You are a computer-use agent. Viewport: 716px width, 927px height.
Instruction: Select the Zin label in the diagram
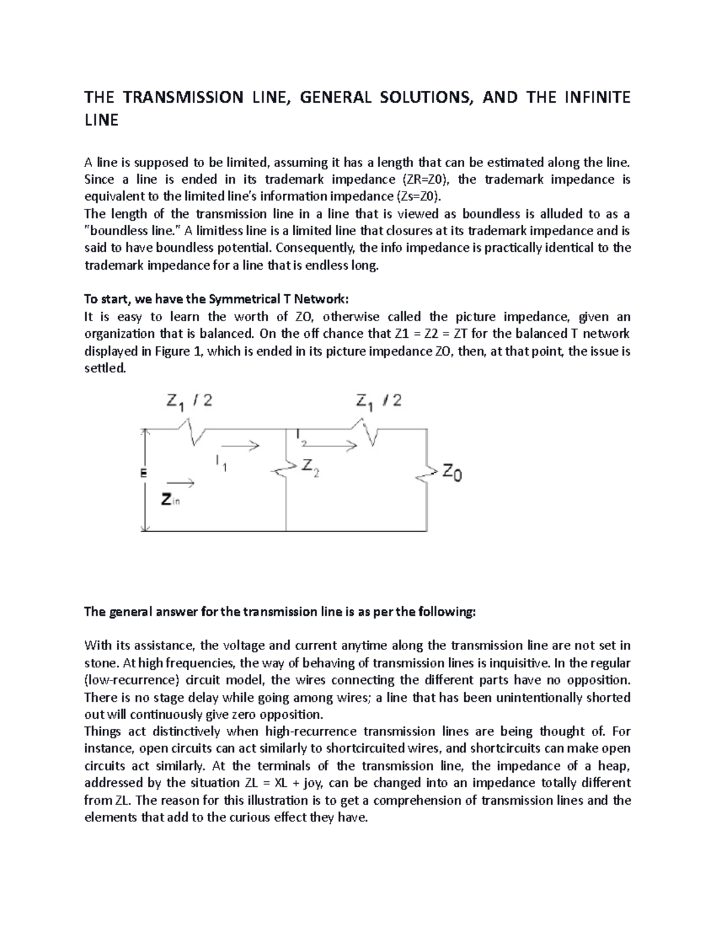[171, 500]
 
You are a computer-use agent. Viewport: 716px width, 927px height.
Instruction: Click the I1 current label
[221, 463]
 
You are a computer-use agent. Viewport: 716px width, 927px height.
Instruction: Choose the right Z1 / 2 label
[378, 401]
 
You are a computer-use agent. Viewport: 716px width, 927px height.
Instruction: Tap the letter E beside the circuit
[143, 473]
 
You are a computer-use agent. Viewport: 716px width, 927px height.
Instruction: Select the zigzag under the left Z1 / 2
[191, 433]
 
